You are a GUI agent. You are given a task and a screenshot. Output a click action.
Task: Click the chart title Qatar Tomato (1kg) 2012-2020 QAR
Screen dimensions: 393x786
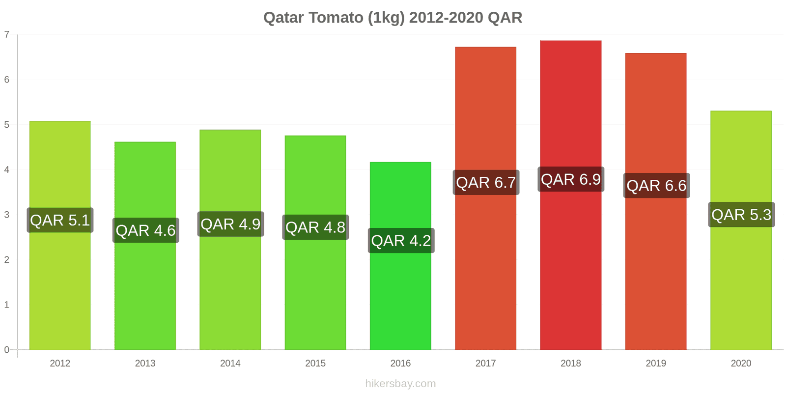coord(393,18)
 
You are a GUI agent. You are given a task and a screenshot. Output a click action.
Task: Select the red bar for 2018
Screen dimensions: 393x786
coord(570,270)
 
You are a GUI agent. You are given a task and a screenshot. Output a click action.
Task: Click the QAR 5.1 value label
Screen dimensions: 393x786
coord(60,220)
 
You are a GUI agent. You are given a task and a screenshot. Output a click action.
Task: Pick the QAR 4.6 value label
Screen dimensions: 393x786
coord(145,230)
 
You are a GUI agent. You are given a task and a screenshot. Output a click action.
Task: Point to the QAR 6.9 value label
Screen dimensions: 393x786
coord(571,179)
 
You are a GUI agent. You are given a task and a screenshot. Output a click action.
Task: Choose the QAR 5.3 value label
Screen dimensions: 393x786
coord(741,215)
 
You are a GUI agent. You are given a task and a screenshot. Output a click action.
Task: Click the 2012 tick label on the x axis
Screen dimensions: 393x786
coord(60,364)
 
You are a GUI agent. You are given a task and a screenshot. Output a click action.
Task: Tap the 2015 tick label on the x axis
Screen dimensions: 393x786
coord(315,364)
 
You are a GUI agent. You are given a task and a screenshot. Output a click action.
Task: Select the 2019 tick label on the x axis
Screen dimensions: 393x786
coord(656,364)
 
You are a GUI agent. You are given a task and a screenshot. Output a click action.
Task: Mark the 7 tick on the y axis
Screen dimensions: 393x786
coord(7,34)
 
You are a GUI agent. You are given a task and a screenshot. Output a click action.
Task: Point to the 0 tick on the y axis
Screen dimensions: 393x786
coord(7,350)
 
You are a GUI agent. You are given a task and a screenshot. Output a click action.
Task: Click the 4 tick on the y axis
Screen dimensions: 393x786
coord(7,170)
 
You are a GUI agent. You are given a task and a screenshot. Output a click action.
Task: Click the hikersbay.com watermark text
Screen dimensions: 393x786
coord(400,384)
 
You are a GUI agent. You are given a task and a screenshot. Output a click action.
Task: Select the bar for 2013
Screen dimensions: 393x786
coord(145,295)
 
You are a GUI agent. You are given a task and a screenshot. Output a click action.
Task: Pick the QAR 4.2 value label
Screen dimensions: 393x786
coord(401,241)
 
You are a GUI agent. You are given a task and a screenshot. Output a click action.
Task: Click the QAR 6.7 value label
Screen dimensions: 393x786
coord(486,183)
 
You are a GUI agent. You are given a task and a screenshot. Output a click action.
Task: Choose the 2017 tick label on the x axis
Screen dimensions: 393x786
coord(485,364)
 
